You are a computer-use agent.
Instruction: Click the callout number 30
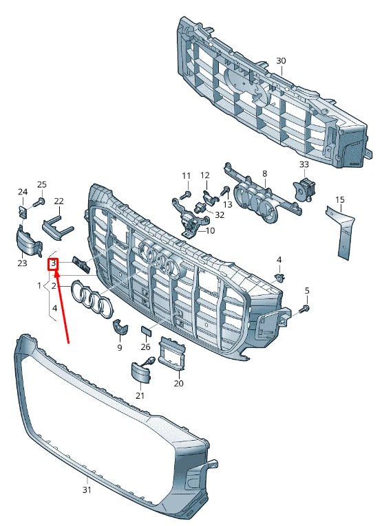[281, 61]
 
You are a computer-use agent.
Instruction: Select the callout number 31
[87, 490]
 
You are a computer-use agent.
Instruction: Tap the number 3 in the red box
[54, 263]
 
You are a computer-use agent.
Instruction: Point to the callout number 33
[304, 164]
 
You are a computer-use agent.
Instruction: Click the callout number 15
[340, 199]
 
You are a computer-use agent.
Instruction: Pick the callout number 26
[145, 346]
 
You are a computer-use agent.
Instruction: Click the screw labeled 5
[306, 308]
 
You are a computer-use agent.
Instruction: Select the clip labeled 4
[279, 277]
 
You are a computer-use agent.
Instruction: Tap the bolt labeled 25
[39, 202]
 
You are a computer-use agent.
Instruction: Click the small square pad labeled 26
[146, 331]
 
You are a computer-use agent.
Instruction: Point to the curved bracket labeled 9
[120, 327]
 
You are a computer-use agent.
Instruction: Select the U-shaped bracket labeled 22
[57, 227]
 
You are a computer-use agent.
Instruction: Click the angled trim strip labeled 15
[339, 232]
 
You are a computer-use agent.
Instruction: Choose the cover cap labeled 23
[28, 241]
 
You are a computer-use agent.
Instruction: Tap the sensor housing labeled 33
[304, 190]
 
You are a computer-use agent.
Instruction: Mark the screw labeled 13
[224, 192]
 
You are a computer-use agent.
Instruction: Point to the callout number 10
[210, 230]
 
